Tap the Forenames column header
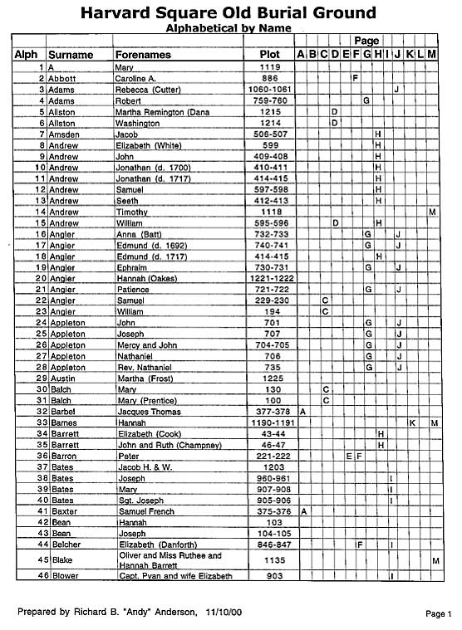(144, 55)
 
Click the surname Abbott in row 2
(62, 77)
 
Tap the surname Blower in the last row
(62, 576)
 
